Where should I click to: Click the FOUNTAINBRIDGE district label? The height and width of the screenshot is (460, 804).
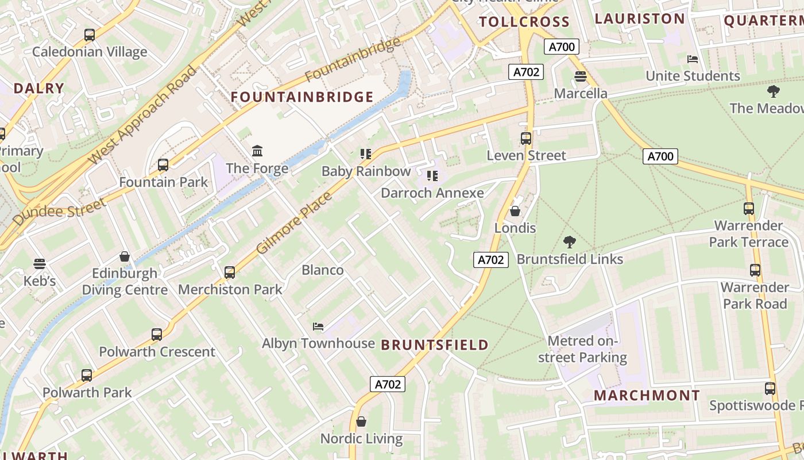pos(302,97)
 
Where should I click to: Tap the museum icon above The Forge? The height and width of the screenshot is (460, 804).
pos(257,151)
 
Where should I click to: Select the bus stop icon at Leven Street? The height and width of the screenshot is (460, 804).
pos(525,139)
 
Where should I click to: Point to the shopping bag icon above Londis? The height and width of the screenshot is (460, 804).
pos(515,212)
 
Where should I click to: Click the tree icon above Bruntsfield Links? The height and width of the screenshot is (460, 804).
pos(569,242)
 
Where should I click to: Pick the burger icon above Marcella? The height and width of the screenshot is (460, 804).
pos(580,76)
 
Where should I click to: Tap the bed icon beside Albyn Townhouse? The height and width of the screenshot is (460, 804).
pos(318,327)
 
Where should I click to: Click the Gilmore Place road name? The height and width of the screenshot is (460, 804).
pos(294,223)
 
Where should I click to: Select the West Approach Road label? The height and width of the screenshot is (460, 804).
pos(144,115)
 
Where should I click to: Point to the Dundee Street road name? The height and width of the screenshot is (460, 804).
pos(59,212)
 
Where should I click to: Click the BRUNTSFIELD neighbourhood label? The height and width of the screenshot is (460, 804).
pos(435,345)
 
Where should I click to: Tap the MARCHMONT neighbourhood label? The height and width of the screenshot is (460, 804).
pos(647,396)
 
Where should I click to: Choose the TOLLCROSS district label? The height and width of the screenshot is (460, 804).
pos(524,22)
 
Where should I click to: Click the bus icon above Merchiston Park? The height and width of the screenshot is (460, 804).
pos(230,273)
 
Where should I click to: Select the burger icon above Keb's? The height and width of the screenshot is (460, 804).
pos(39,264)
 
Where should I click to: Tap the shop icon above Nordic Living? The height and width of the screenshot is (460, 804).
pos(361,422)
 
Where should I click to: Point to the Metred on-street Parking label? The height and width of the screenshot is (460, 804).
pos(582,349)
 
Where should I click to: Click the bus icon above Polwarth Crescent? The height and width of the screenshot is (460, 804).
pos(157,335)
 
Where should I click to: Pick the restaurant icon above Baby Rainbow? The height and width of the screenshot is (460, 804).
pos(366,154)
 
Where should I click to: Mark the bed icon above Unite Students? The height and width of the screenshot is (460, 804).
pos(693,59)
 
